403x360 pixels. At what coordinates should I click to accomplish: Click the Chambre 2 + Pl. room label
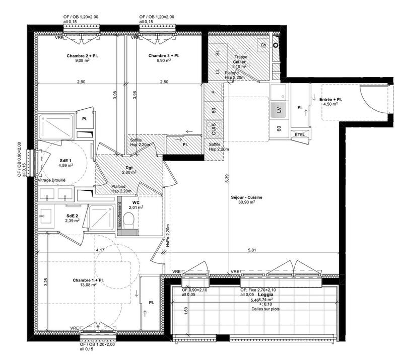point(82,55)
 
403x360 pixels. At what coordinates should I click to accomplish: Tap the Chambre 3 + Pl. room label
point(164,55)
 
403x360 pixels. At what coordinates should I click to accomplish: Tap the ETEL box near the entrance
point(299,134)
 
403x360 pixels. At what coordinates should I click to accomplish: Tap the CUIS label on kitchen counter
point(214,129)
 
